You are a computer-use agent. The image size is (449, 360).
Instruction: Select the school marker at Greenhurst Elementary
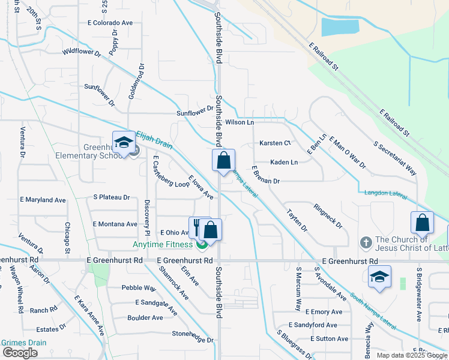pos(124,143)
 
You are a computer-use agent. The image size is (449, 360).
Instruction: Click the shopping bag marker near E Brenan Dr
pos(223,161)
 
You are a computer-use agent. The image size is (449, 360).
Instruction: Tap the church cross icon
pos(366,243)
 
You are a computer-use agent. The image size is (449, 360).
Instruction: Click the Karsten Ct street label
pos(275,143)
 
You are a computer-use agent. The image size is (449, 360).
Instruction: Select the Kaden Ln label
pos(284,162)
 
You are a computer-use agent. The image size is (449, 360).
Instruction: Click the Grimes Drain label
pos(23,343)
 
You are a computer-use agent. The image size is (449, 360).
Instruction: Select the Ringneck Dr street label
pos(328,216)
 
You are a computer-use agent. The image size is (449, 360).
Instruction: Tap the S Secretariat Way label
pos(395,158)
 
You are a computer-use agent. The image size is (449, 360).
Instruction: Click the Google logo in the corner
pos(19,353)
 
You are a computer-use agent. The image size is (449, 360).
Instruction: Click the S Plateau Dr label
pos(112,197)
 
